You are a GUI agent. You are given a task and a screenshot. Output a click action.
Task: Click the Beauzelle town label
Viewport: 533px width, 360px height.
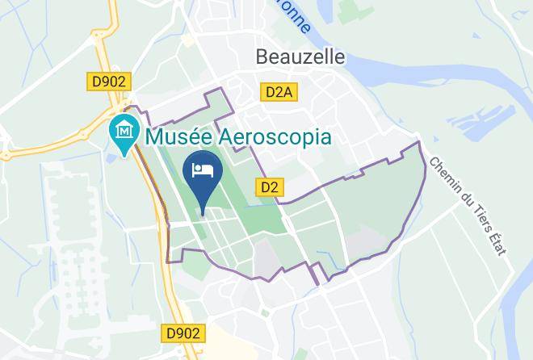click(300, 57)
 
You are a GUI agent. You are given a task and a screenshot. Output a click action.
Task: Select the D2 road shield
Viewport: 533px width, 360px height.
click(271, 187)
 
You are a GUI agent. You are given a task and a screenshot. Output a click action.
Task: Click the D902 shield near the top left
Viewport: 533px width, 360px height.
click(108, 82)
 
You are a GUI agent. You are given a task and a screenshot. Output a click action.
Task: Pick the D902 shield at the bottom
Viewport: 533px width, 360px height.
click(182, 331)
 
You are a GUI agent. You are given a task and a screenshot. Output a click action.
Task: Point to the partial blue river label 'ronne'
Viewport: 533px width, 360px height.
click(297, 18)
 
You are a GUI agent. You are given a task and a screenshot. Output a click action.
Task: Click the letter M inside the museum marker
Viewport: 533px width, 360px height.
click(124, 129)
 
